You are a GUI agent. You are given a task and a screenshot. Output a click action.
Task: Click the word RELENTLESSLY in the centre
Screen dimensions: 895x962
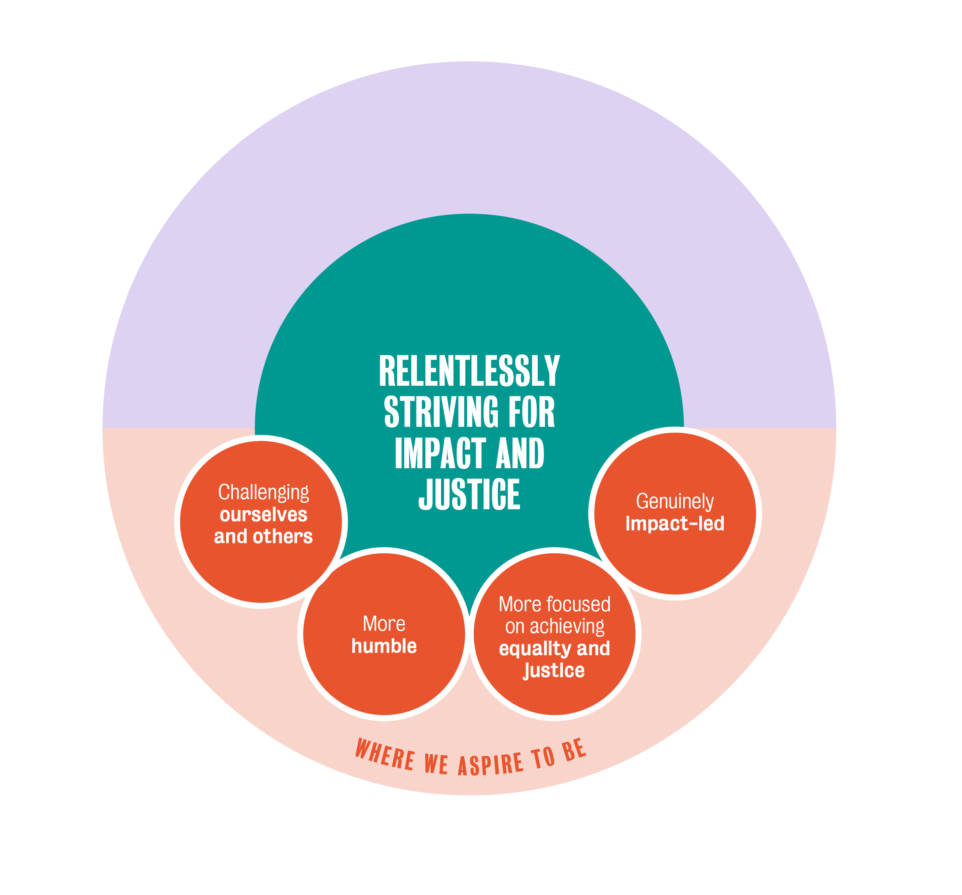(x=469, y=371)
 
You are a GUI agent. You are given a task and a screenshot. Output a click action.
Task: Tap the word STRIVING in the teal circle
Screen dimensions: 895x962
(x=441, y=412)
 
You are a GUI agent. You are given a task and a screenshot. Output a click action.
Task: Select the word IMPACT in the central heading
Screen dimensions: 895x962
(x=440, y=453)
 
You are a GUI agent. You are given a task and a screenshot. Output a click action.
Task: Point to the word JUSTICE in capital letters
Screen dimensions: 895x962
(x=469, y=495)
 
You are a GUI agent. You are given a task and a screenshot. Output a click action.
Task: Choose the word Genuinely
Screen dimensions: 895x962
(x=675, y=502)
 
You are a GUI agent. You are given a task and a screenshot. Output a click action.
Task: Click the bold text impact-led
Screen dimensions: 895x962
(x=675, y=524)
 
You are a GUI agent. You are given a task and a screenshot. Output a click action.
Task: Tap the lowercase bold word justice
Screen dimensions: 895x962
(x=554, y=670)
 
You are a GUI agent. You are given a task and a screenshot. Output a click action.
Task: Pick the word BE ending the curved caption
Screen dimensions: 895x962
(x=574, y=751)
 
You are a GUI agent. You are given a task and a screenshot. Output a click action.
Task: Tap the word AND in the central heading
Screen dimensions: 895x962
(x=520, y=453)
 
